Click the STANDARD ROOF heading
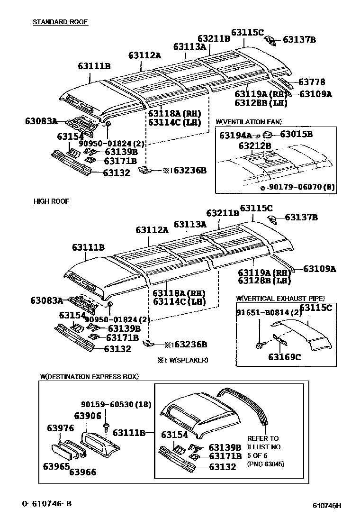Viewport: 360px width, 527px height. click(60, 22)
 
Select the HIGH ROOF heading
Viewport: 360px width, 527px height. click(51, 201)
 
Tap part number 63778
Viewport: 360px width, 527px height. click(311, 82)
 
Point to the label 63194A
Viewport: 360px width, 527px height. click(235, 136)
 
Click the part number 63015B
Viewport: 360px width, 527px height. click(296, 134)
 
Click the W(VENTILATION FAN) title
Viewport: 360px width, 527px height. click(248, 122)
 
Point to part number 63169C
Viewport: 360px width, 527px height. click(284, 357)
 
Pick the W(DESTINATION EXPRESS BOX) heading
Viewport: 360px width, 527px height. click(90, 377)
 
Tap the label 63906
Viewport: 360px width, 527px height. click(88, 416)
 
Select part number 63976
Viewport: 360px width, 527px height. click(60, 428)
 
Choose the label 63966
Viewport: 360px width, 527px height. click(83, 472)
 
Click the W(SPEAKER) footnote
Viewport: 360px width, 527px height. click(182, 360)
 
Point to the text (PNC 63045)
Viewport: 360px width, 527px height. click(266, 464)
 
